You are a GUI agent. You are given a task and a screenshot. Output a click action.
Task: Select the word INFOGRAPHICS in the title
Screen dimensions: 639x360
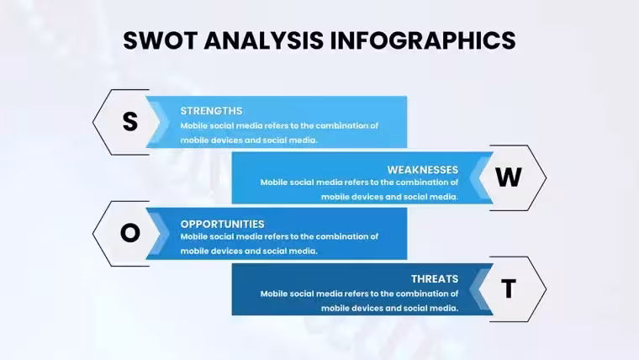(423, 40)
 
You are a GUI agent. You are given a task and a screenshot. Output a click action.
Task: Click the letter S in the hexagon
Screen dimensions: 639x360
(130, 121)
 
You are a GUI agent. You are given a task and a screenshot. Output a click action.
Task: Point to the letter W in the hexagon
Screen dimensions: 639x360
(509, 177)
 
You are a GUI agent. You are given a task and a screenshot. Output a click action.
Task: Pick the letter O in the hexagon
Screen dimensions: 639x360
(130, 233)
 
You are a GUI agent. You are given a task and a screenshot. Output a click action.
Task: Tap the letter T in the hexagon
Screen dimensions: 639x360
(509, 289)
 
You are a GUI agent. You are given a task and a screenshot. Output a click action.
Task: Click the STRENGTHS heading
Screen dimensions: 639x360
(211, 111)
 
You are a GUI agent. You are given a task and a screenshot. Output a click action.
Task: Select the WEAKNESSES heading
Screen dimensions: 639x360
(423, 170)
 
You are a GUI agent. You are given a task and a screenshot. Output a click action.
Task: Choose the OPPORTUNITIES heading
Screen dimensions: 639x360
(222, 225)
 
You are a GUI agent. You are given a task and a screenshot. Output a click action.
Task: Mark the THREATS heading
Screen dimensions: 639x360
(435, 279)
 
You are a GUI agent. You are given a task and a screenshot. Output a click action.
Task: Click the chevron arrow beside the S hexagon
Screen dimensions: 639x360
(160, 122)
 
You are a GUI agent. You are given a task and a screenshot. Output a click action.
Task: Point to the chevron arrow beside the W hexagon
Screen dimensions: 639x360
(479, 177)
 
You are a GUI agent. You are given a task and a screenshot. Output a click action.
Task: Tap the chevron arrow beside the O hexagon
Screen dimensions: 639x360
(160, 234)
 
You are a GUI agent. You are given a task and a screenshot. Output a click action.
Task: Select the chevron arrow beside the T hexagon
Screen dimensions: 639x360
(479, 289)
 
